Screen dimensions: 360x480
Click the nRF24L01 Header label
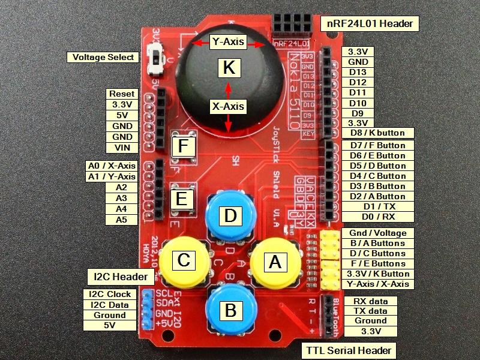coord(370,24)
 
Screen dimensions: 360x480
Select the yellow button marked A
coord(275,262)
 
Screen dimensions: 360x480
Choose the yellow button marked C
coord(184,260)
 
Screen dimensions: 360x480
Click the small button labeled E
coord(182,198)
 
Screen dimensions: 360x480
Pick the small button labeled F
coord(184,146)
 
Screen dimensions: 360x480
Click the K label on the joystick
coord(228,68)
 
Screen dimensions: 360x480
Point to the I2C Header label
coord(121,277)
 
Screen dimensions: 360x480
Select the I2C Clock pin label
coord(110,295)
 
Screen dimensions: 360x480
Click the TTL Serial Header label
coord(348,350)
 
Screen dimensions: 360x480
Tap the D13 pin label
coord(358,72)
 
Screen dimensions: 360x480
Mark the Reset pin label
coord(122,94)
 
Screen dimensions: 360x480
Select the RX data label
coord(370,301)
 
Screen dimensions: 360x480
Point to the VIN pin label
coord(122,148)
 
